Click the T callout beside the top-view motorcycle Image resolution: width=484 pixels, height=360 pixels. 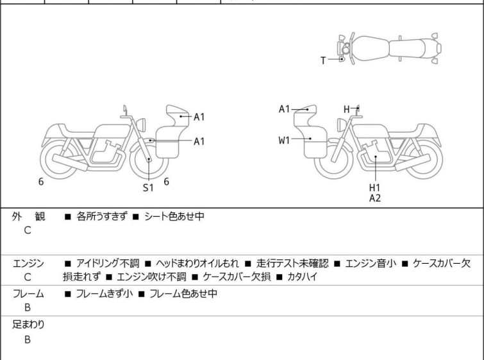(x=323, y=60)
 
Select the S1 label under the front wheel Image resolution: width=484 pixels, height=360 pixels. (x=148, y=187)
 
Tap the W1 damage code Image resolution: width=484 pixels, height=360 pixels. (x=284, y=141)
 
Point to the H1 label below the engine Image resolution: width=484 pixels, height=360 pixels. (x=375, y=187)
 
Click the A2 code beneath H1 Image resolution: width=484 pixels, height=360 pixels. (x=375, y=198)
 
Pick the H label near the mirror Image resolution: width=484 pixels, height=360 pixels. (x=347, y=109)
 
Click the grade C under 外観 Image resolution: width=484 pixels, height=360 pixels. (x=28, y=230)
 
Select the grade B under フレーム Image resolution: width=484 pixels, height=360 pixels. (x=28, y=307)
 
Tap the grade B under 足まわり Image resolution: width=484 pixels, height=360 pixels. (x=28, y=339)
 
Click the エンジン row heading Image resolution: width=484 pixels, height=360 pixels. (x=28, y=264)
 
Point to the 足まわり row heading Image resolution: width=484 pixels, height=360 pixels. (x=28, y=325)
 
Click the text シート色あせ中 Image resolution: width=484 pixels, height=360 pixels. (x=174, y=216)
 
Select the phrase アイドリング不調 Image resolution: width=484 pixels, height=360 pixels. (x=108, y=264)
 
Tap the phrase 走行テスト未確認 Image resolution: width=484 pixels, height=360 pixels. (x=292, y=264)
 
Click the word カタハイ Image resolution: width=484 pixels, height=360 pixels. (x=302, y=277)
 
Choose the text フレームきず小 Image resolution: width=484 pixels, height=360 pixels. (x=104, y=293)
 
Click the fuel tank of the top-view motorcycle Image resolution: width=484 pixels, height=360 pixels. (x=372, y=48)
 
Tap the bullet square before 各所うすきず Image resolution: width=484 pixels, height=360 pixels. (x=68, y=217)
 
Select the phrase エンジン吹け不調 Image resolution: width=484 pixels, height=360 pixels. (x=151, y=277)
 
